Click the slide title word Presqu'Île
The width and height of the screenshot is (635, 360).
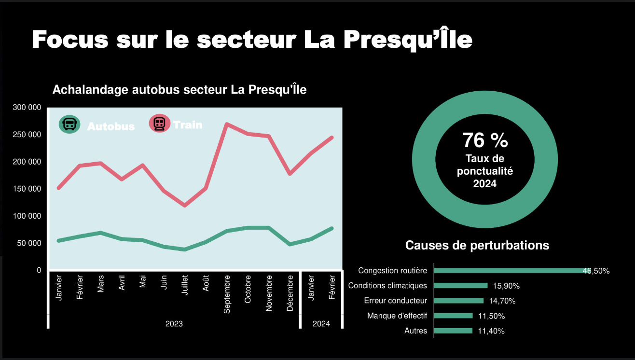408,40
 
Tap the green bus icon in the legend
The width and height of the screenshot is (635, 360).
69,124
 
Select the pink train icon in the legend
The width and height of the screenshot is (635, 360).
159,124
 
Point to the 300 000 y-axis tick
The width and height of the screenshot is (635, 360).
27,107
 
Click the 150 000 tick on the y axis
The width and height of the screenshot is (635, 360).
27,189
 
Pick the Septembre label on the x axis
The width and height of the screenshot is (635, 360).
227,294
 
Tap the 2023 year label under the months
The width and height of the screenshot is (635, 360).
174,323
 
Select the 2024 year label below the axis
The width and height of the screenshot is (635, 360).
321,323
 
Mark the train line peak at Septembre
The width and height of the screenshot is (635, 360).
227,124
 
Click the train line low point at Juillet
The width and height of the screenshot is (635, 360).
184,206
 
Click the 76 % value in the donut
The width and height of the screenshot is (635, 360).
485,140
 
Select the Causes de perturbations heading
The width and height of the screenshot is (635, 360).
477,245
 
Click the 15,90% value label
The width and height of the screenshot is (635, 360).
506,286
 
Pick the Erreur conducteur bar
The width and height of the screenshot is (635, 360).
459,301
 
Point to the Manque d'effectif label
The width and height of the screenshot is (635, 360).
397,316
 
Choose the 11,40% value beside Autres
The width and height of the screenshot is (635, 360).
491,331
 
